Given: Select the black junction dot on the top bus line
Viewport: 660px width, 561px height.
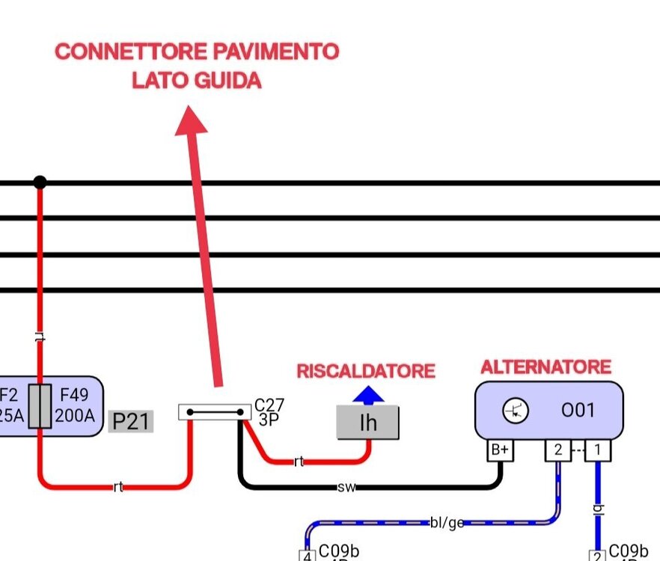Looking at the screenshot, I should click(40, 182).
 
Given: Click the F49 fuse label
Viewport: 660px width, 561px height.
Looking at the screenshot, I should click(75, 393).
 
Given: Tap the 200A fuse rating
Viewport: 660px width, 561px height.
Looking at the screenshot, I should click(75, 414).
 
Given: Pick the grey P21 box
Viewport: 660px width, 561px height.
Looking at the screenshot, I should click(131, 422).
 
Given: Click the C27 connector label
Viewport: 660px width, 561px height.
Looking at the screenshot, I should click(269, 405).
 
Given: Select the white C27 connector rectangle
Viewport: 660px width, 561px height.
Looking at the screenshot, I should click(214, 411).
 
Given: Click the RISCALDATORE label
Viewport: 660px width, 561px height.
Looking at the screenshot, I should click(366, 371).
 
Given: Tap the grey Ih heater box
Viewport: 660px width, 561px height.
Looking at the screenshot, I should click(367, 423).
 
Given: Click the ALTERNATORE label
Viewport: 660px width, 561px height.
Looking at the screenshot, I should click(546, 367).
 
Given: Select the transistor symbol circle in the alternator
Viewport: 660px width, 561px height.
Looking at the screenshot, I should click(516, 410).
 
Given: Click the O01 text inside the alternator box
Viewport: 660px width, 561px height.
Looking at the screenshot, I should click(578, 410).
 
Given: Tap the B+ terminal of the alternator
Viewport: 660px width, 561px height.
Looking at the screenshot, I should click(500, 450).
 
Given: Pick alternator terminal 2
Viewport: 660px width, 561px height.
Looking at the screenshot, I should click(557, 450).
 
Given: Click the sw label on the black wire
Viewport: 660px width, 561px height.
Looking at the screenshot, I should click(346, 488).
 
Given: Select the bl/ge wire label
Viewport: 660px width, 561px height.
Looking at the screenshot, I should click(446, 523).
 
